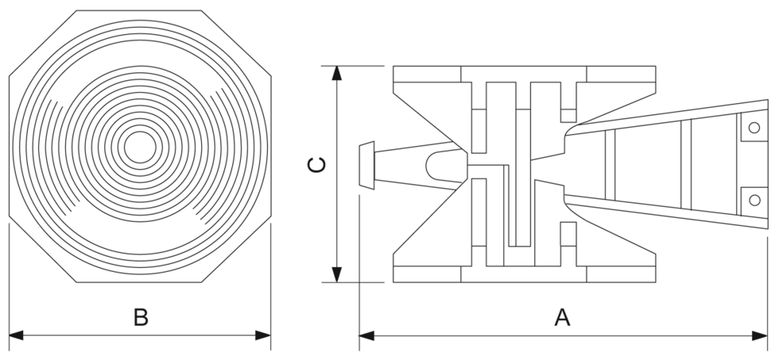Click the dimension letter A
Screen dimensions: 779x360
coord(562,317)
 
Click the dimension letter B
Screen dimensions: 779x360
coord(141,317)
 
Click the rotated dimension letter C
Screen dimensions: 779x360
coord(317,165)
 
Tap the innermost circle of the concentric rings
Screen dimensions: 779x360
coord(140,147)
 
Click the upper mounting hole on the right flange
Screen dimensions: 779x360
coord(754,128)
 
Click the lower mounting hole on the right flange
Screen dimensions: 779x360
coord(754,200)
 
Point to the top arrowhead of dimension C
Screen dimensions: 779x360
coord(337,73)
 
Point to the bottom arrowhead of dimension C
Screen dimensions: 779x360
coord(337,275)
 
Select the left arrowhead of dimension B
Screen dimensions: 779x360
coord(17,335)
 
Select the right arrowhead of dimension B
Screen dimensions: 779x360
coord(263,335)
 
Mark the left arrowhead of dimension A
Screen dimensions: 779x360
coord(366,335)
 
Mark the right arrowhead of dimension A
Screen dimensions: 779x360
coord(760,335)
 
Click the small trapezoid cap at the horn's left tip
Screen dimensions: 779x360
coord(366,165)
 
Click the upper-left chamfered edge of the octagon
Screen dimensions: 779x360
coord(43,43)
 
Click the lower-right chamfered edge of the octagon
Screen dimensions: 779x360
coord(236,250)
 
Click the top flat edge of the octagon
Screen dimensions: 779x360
coord(140,10)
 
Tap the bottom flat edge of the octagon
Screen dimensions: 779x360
coord(139,282)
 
